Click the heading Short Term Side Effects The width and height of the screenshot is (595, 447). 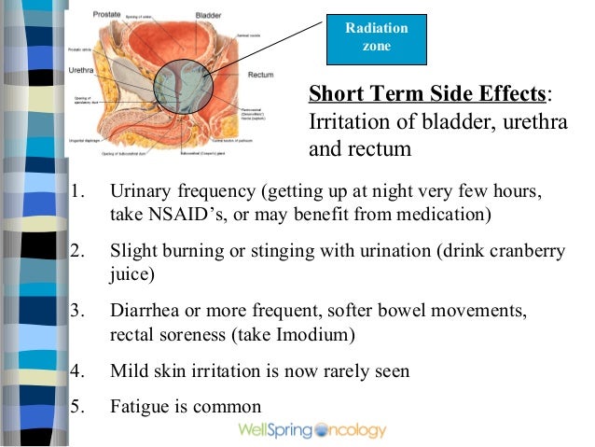pyautogui.click(x=426, y=95)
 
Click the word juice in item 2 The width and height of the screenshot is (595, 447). pyautogui.click(x=128, y=275)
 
